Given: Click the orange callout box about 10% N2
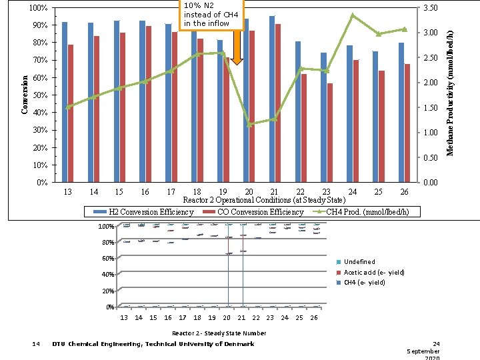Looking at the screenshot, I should [211, 15].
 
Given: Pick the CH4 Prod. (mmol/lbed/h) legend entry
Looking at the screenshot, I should [365, 212].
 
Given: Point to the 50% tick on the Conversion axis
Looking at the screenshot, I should [39, 95].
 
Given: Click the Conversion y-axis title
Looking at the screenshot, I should [25, 93].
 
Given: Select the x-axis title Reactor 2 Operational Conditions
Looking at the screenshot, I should [264, 200].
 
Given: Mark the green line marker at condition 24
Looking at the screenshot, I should [353, 15].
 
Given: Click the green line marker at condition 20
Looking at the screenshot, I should [250, 124].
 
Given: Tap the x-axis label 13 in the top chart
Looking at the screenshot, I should [67, 192].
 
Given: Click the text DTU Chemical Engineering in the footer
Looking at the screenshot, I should [153, 344].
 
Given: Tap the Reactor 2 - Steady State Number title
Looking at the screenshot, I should [219, 333].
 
